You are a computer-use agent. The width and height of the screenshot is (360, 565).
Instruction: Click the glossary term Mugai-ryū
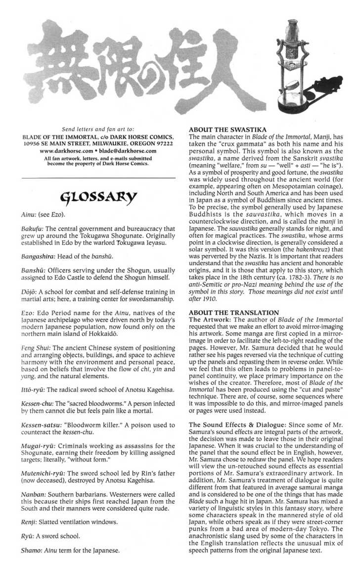coord(38,445)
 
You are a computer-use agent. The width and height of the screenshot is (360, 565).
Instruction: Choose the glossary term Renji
coord(28,522)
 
